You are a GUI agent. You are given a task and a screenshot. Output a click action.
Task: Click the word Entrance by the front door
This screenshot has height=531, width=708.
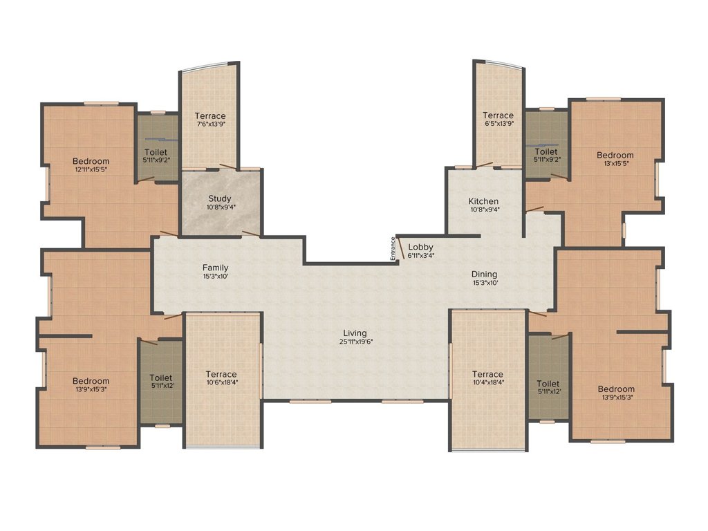point(393,248)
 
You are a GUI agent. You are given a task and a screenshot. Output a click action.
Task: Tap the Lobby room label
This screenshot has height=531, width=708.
point(420,247)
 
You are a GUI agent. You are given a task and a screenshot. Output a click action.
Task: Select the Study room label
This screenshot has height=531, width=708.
point(220,198)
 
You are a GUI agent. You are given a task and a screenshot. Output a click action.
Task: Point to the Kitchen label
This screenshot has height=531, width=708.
point(483,201)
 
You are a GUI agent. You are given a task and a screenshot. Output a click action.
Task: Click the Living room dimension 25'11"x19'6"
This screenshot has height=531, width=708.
point(356,342)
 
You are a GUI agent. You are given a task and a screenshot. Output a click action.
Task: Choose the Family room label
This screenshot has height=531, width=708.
point(216,268)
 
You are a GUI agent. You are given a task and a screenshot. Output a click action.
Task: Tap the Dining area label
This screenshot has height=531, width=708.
point(485,274)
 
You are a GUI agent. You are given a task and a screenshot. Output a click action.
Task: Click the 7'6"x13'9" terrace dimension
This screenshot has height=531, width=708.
point(210,124)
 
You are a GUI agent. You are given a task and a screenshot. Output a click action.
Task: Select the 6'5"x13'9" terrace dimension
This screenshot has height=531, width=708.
point(499,123)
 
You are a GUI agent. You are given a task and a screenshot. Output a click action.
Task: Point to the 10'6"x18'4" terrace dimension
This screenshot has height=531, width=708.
point(221,382)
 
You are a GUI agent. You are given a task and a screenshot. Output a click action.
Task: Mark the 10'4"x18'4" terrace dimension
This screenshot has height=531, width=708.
point(487,382)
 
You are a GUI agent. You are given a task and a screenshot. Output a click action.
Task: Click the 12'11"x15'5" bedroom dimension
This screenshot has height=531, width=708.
point(91,169)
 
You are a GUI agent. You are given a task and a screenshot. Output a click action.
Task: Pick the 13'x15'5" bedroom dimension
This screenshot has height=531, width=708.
point(615,163)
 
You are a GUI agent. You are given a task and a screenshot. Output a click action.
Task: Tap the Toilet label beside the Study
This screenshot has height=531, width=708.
point(156,152)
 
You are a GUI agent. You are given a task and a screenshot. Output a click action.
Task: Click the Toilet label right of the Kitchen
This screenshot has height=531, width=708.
point(546,151)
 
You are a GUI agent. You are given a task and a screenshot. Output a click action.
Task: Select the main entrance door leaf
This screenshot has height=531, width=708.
point(400,248)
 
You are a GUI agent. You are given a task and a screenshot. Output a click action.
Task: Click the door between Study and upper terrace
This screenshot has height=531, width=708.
point(227,167)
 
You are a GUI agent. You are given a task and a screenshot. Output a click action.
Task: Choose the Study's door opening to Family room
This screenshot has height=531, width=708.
point(251,234)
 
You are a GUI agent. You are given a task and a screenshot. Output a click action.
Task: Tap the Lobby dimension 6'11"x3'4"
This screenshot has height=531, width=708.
point(421,255)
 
